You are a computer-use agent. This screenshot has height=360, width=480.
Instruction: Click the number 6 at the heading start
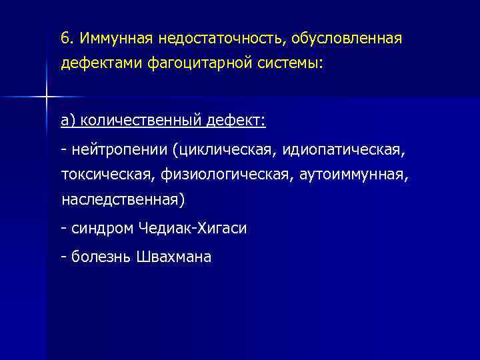pyautogui.click(x=65, y=37)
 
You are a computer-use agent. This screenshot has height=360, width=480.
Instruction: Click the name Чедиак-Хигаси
pyautogui.click(x=192, y=229)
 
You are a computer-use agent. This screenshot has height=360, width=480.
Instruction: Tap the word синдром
pyautogui.click(x=101, y=229)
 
